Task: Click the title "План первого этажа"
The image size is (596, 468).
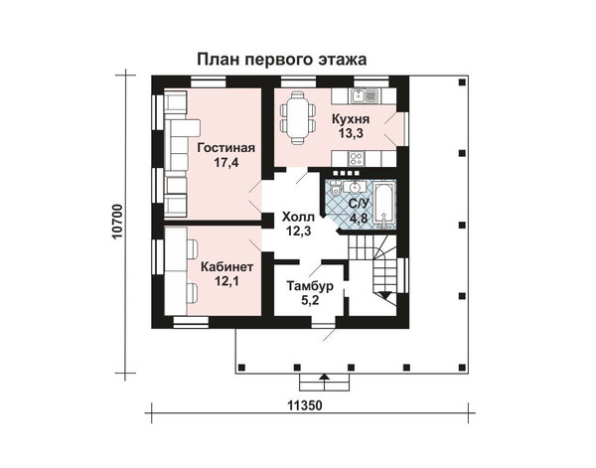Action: [282, 60]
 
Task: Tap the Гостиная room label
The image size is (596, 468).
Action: [226, 148]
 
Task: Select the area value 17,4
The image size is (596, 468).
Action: [225, 163]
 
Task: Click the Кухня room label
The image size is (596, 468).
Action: [351, 119]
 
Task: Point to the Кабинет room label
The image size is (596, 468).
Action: [226, 267]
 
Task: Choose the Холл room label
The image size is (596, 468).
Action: [298, 217]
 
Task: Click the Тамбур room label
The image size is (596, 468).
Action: [310, 285]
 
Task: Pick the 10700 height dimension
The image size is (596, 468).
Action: [118, 222]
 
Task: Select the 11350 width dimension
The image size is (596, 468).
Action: [305, 405]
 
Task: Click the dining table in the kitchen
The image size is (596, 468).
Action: [298, 118]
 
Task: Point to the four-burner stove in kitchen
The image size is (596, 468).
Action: [357, 159]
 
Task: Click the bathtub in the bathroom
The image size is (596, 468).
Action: [384, 206]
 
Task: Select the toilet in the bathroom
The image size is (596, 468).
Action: [336, 189]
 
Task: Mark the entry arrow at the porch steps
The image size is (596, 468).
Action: [324, 378]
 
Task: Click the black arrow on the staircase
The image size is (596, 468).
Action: [385, 295]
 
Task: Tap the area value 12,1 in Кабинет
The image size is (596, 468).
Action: [226, 282]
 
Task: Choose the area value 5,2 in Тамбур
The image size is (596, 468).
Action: [310, 301]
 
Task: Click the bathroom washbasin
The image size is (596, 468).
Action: [356, 187]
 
